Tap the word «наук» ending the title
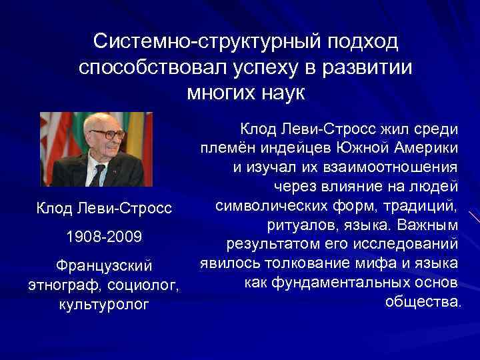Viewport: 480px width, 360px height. click(276, 91)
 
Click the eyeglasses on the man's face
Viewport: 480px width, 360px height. click(107, 133)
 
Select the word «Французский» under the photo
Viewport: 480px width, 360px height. click(104, 265)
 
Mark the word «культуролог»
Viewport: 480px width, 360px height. click(104, 306)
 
